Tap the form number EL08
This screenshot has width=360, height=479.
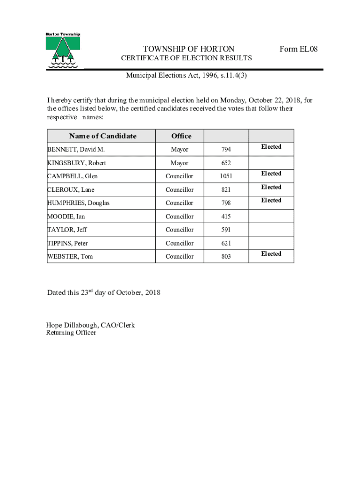298,49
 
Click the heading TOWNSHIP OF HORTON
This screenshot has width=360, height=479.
189,49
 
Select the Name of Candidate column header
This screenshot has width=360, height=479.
103,136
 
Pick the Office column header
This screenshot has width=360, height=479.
181,136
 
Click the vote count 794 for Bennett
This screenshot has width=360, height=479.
226,150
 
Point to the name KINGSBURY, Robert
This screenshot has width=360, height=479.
77,163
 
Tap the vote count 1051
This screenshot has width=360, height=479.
226,176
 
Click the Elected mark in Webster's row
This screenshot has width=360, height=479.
271,254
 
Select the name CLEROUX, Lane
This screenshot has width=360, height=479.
71,190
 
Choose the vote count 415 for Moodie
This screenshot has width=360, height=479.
226,217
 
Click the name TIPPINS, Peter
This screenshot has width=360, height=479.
67,243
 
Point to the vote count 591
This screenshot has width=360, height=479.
226,230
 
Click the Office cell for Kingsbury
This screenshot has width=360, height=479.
180,163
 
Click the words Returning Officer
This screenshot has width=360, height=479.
71,333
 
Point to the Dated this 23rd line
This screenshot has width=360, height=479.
104,292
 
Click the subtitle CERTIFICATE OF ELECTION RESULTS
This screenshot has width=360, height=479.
187,58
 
